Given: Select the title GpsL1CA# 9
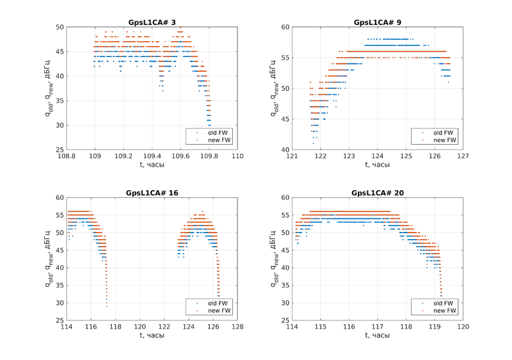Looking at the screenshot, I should [378, 22].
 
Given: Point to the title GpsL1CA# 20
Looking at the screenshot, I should [378, 193].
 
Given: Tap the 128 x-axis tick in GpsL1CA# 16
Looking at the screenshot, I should [237, 327].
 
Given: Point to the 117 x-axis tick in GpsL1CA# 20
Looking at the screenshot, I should [378, 327].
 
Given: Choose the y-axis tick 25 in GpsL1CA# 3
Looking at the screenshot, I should [59, 150].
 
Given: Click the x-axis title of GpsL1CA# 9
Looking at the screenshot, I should [378, 165].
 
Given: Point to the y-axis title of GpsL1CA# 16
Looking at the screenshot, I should [49, 259].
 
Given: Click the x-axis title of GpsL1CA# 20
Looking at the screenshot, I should [378, 335].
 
